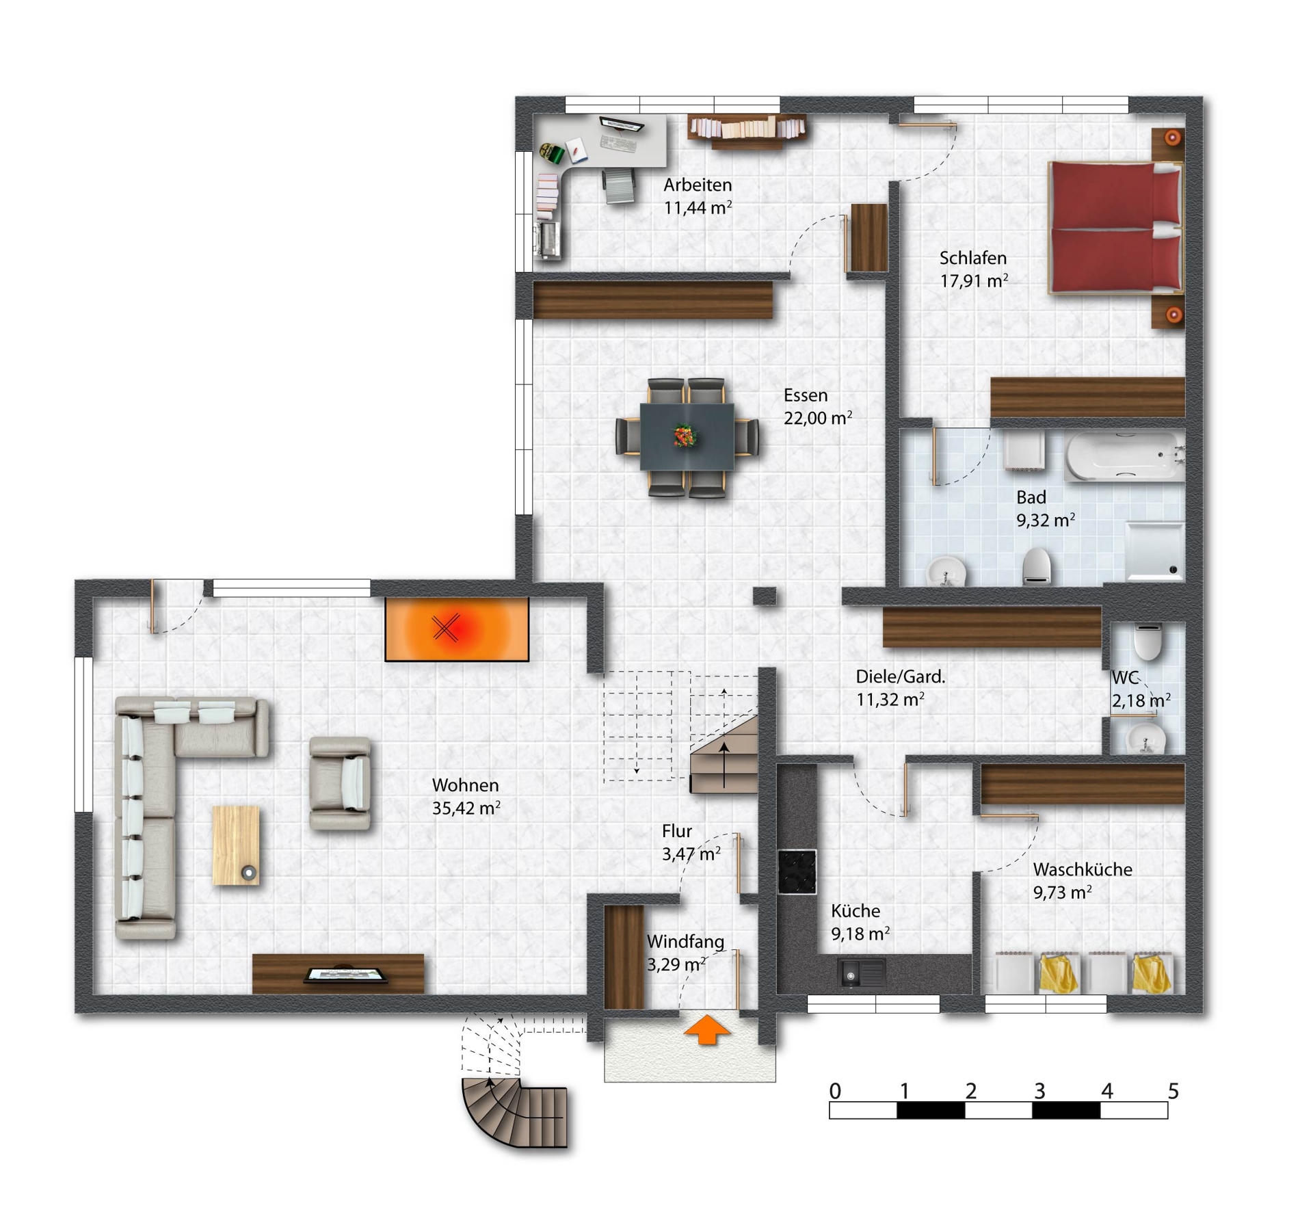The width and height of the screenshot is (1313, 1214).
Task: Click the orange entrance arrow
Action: [x=708, y=1029]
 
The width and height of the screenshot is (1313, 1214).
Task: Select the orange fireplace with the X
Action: [x=457, y=629]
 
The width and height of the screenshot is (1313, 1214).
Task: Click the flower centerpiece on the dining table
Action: [x=685, y=436]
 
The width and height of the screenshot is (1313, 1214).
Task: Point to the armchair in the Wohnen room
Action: [x=341, y=783]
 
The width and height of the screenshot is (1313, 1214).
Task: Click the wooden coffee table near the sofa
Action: [x=236, y=845]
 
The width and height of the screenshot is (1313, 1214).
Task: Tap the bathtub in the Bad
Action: [x=1124, y=456]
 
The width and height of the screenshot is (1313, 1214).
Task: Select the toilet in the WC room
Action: [x=1148, y=641]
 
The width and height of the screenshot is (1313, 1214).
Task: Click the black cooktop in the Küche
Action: [x=797, y=871]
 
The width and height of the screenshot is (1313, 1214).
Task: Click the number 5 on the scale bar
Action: [x=1173, y=1091]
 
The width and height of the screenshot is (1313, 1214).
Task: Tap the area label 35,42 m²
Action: [x=466, y=808]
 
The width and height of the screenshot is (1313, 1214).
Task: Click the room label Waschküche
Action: [x=1083, y=869]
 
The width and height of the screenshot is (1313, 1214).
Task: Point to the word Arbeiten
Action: [x=698, y=185]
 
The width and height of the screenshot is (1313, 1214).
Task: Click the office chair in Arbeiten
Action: [x=619, y=185]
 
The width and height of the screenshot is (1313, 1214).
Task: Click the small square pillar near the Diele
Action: [x=765, y=596]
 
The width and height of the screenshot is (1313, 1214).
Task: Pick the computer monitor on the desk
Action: [x=621, y=124]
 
